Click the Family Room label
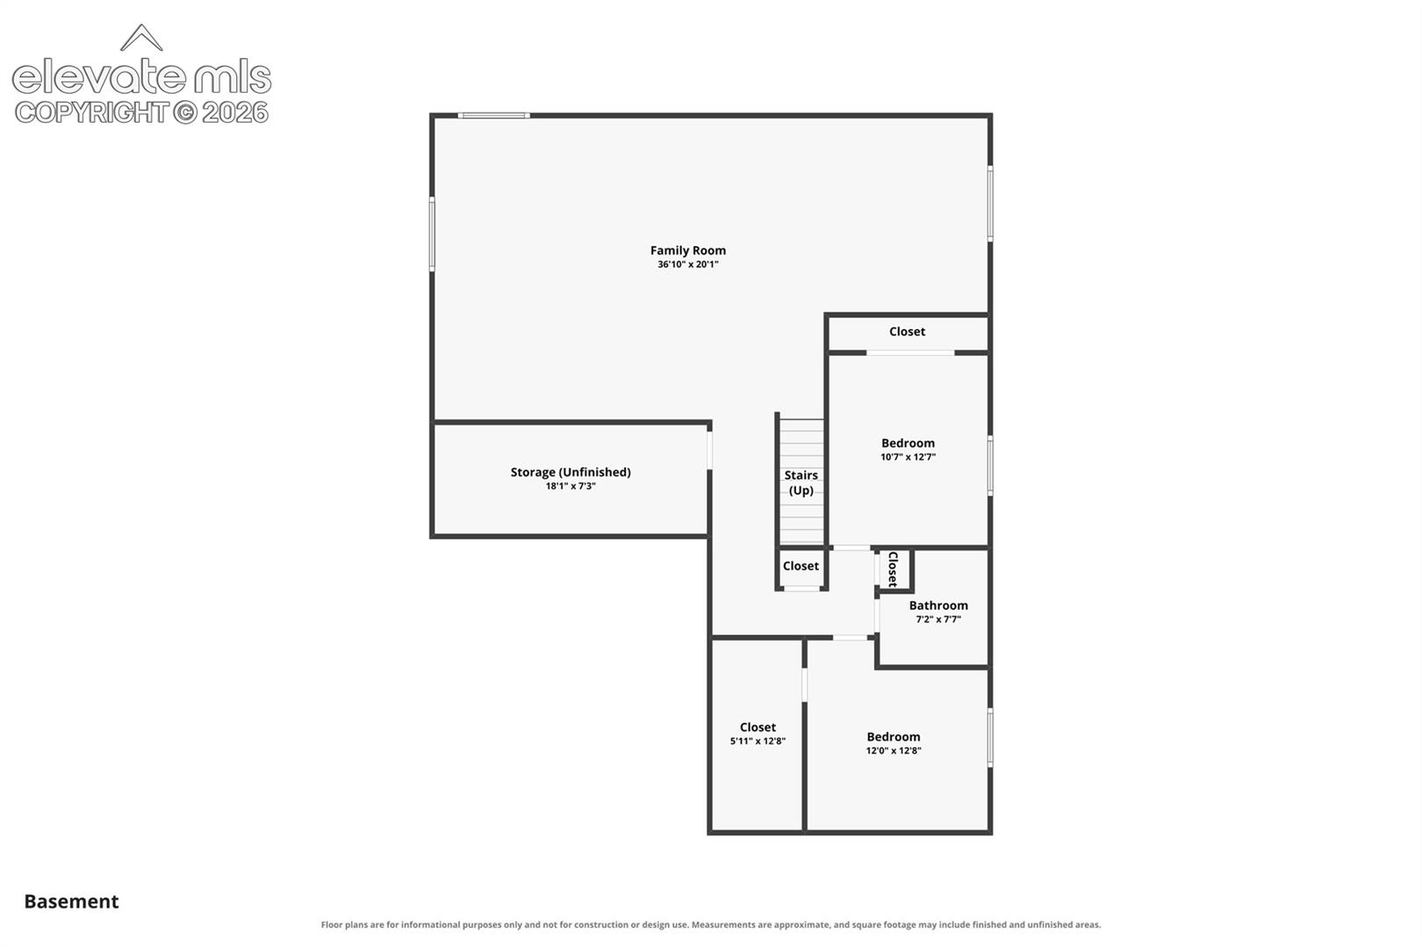point(687,251)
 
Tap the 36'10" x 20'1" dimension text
point(687,265)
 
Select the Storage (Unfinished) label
point(571,472)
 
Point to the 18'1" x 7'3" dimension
point(571,486)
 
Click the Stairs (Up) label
point(801,483)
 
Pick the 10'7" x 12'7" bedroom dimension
point(908,457)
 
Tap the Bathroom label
point(938,606)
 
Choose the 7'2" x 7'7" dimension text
point(938,620)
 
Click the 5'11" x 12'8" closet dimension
point(758,741)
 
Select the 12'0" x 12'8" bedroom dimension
point(894,750)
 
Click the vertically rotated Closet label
point(893,570)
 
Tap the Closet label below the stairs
point(801,566)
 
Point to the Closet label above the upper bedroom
point(907,332)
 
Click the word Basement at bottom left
point(71,901)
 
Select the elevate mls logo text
point(141,76)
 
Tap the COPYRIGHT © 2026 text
point(141,113)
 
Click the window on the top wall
point(494,116)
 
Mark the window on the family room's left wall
point(433,233)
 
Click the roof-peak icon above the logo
point(141,38)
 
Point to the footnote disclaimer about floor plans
point(711,925)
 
